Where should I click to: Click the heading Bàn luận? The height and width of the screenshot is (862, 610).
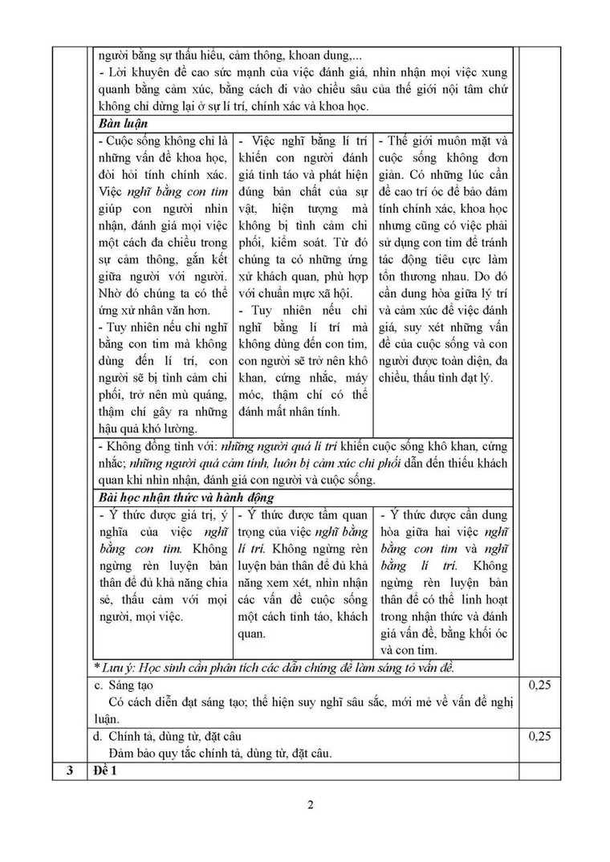[122, 124]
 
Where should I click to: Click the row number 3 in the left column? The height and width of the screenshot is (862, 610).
[69, 771]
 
